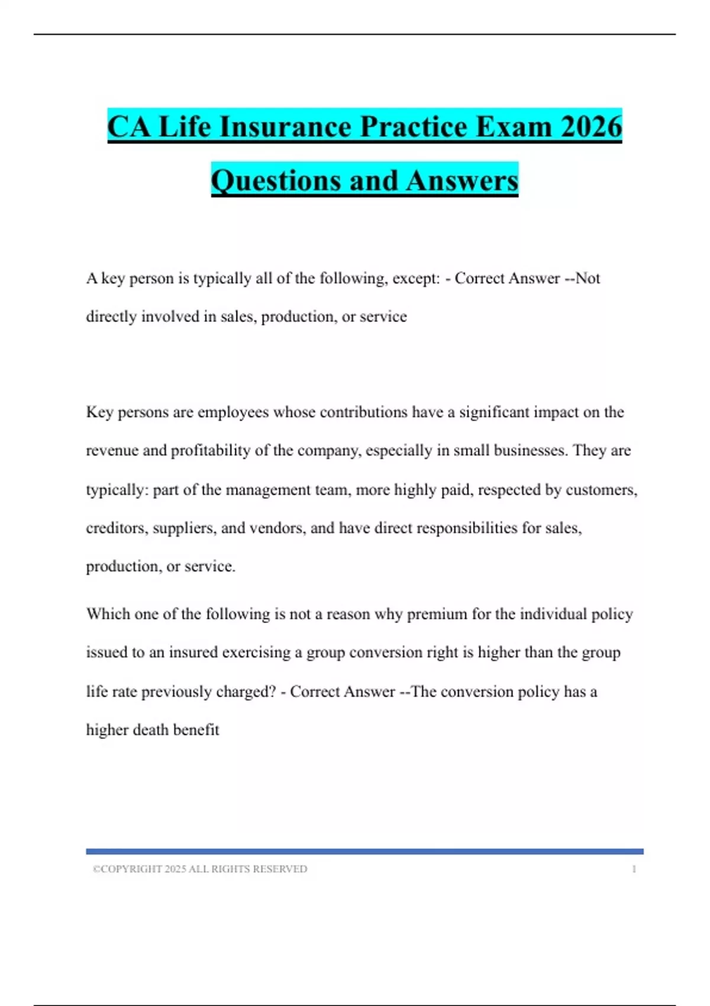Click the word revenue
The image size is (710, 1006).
click(112, 450)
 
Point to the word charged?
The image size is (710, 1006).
click(246, 691)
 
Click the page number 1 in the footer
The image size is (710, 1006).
click(634, 869)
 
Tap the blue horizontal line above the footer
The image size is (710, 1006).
click(364, 851)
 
